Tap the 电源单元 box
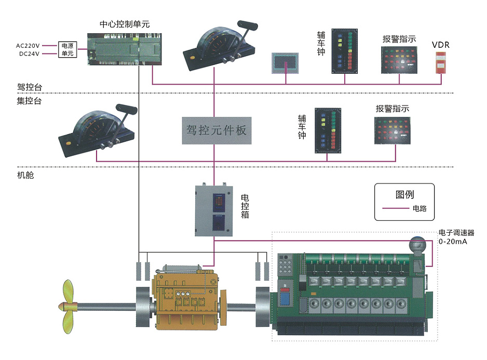coord(67,49)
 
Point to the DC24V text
coord(29,54)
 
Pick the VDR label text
coord(440,45)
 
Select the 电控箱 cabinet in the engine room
coord(213,210)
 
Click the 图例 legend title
coord(404,195)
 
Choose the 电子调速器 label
coord(456,233)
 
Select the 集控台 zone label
coord(29,101)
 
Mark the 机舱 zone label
coord(25,176)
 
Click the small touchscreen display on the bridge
coord(285,62)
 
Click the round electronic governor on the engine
coord(416,244)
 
